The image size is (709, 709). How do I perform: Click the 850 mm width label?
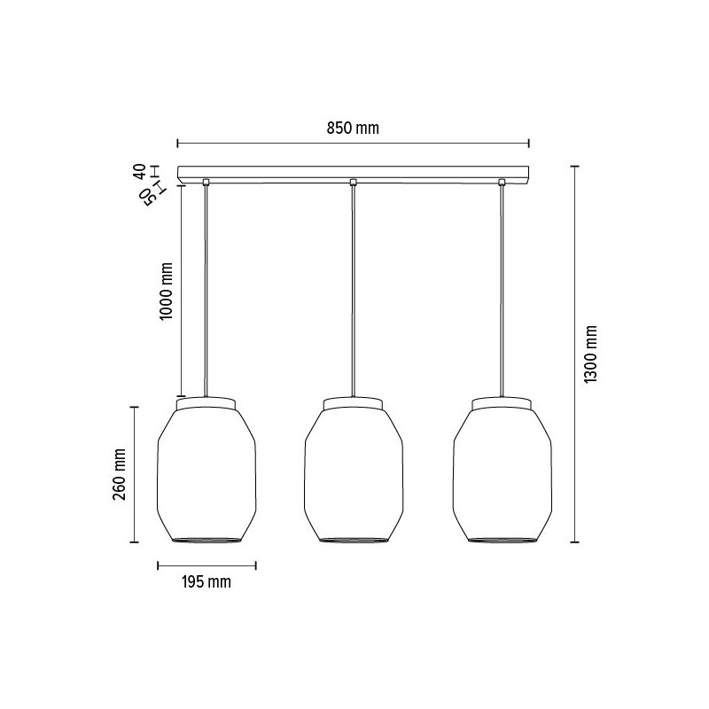(354, 128)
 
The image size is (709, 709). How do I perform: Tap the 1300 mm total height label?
(592, 353)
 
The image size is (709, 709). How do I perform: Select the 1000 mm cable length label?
(167, 291)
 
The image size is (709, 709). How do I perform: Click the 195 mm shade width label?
(206, 582)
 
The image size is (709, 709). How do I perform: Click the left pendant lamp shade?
(206, 474)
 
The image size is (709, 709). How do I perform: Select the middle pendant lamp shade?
(354, 474)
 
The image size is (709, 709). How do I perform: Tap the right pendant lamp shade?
(502, 474)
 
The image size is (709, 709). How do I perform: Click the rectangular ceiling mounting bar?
(354, 172)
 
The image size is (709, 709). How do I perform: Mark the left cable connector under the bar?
(206, 183)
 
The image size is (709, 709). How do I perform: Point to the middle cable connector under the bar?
(354, 183)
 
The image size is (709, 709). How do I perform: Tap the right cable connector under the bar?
(502, 183)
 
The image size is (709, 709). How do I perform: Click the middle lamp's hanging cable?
(354, 292)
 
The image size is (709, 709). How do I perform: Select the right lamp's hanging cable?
(502, 292)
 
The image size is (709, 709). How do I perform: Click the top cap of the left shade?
(206, 403)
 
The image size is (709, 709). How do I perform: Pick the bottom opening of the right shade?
(502, 538)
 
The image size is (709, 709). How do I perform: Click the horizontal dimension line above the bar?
(266, 142)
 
